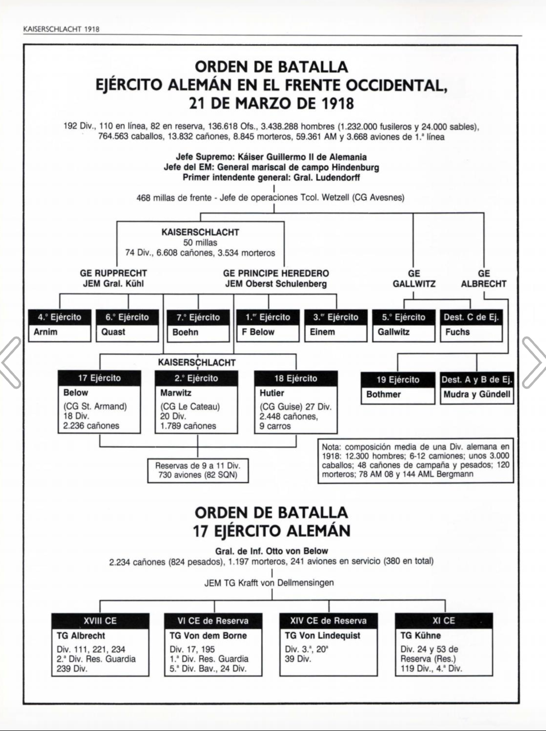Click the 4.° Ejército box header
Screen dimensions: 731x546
[60, 317]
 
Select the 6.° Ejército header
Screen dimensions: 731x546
[127, 317]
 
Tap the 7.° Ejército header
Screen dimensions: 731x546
[198, 317]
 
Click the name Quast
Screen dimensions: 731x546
[113, 332]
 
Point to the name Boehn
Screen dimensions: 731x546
[185, 332]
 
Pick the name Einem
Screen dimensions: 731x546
[323, 332]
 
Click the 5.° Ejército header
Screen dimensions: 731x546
[403, 317]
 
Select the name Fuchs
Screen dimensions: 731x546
[457, 332]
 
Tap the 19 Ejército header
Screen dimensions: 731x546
[398, 380]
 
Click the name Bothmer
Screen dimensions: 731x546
[383, 394]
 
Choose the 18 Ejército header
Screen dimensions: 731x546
[296, 378]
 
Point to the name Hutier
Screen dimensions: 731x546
[272, 393]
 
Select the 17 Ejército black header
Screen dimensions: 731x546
[99, 378]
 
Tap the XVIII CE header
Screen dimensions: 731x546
[100, 621]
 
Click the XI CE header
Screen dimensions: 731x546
[443, 621]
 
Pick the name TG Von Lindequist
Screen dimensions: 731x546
[323, 635]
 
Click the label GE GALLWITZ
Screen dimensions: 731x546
[414, 279]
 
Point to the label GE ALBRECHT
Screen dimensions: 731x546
[484, 279]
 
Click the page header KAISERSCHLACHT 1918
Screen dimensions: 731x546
[61, 29]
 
